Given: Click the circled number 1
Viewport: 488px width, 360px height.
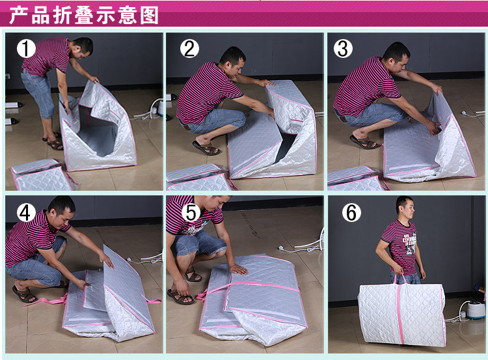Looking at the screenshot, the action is [x=26, y=49].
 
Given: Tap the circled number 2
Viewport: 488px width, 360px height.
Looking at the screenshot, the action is [x=189, y=49].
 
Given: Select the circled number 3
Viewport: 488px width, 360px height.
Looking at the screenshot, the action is [x=343, y=49].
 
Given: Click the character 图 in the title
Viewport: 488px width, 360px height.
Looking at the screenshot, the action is [x=150, y=15].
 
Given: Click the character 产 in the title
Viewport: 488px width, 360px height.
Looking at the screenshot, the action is [x=19, y=15].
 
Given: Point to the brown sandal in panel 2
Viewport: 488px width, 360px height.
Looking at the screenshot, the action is [x=206, y=148].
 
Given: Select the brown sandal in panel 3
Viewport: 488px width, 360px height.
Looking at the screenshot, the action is [x=365, y=142].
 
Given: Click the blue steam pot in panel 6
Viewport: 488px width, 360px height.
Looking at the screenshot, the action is [x=476, y=309].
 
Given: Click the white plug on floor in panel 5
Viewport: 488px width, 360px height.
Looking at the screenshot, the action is [x=282, y=249].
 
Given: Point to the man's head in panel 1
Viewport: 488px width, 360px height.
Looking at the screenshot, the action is [x=83, y=48].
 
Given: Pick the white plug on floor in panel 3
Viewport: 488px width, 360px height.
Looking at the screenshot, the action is [x=463, y=113].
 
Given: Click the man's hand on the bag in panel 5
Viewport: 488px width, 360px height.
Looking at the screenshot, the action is [x=237, y=269].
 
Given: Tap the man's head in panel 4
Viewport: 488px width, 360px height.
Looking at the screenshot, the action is [x=62, y=212].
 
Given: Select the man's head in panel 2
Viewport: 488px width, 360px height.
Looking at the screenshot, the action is [x=232, y=61].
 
